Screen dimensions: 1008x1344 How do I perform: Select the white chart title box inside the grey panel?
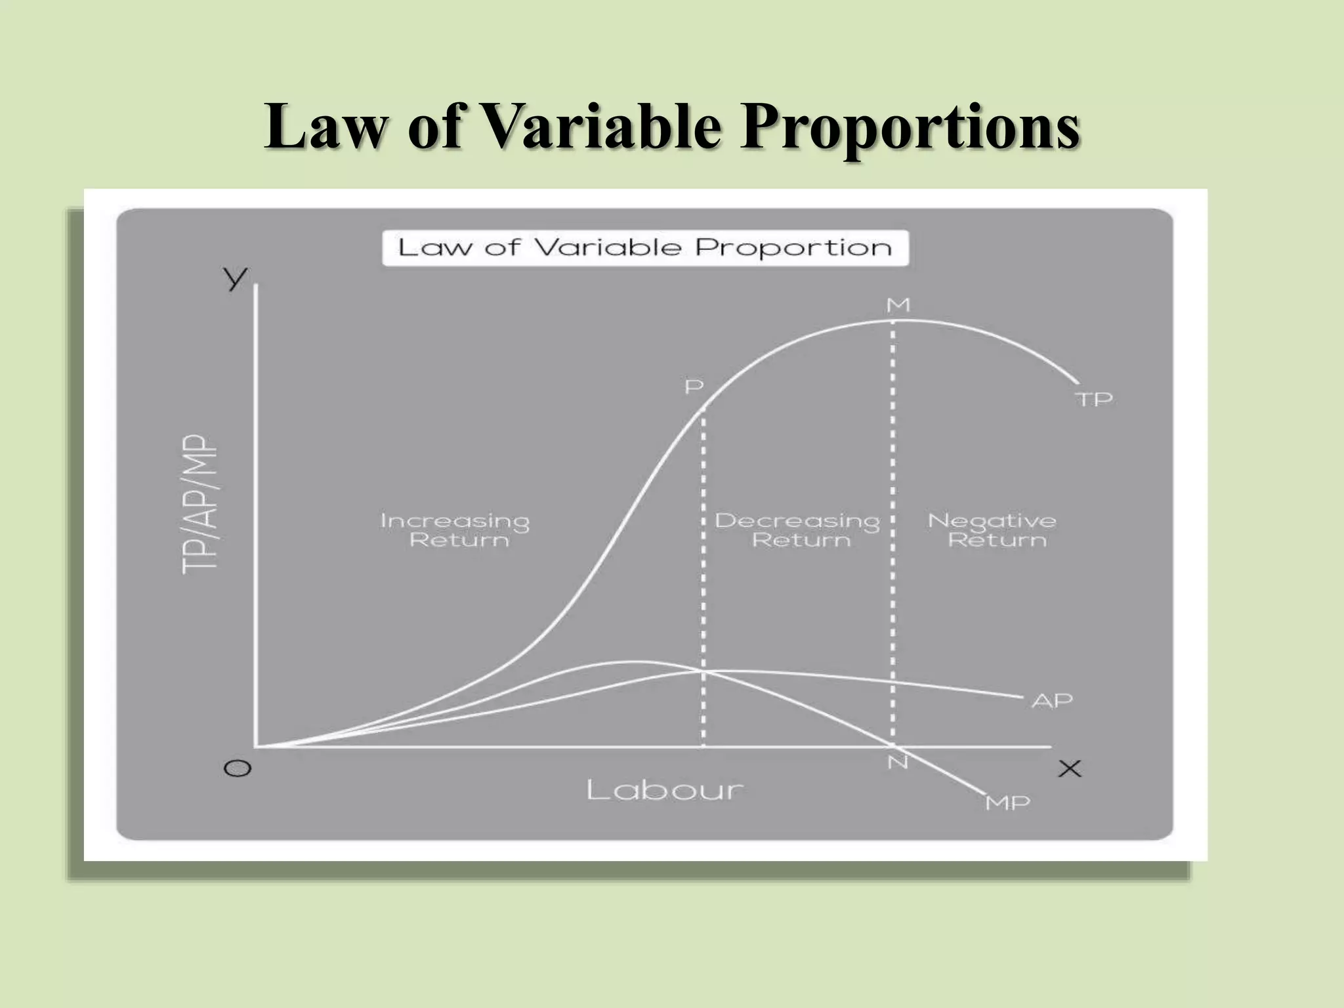[645, 248]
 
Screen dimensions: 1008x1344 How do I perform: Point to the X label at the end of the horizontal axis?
[1070, 768]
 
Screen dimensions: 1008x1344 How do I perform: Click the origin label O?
[238, 768]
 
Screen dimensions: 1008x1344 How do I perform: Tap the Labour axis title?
[665, 790]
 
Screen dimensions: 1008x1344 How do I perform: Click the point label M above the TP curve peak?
[898, 305]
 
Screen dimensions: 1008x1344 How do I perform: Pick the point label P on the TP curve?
[694, 387]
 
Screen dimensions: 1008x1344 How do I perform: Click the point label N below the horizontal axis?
[898, 763]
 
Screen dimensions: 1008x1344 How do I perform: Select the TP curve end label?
[1094, 399]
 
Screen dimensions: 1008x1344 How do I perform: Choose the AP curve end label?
[1052, 701]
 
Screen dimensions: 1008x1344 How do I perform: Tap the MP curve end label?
[1008, 803]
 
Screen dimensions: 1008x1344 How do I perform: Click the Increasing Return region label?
[455, 530]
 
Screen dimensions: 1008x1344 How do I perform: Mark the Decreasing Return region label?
[797, 530]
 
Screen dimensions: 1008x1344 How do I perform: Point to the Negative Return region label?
[992, 530]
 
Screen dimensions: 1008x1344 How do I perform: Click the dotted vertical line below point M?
[892, 525]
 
